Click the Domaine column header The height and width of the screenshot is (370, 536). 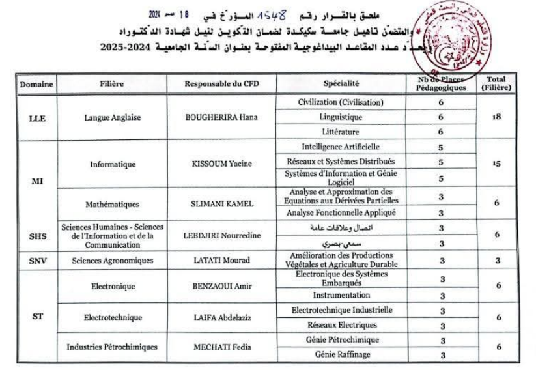pos(37,84)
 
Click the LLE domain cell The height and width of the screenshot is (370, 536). pos(37,118)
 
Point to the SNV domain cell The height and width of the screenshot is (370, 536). pos(37,261)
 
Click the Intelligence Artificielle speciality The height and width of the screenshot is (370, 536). pos(341,147)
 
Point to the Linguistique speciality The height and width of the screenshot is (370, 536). pos(341,117)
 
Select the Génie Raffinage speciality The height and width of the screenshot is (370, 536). pos(341,354)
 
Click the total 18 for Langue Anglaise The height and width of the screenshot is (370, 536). pos(497,118)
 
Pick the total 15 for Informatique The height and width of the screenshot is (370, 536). pos(497,164)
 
